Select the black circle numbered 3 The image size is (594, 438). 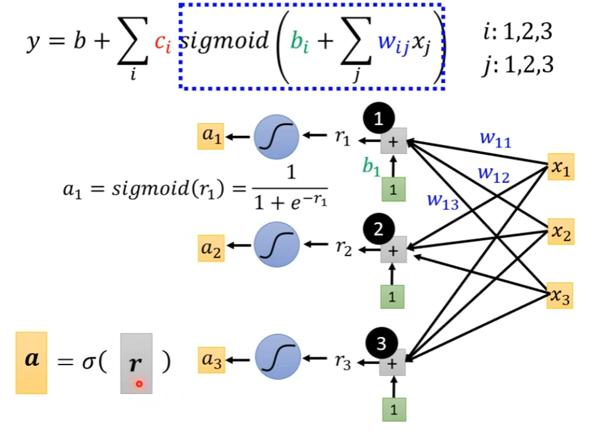coord(381,344)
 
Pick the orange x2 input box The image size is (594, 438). coord(560,232)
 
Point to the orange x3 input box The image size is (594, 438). coord(560,297)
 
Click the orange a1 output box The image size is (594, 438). coord(210,137)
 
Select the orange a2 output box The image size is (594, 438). coord(210,250)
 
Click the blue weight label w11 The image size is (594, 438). coord(495,140)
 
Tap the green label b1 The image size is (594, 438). coord(372,167)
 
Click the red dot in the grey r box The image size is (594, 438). coord(139,384)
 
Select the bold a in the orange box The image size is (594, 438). coord(31,359)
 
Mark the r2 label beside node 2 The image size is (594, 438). coord(343,249)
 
